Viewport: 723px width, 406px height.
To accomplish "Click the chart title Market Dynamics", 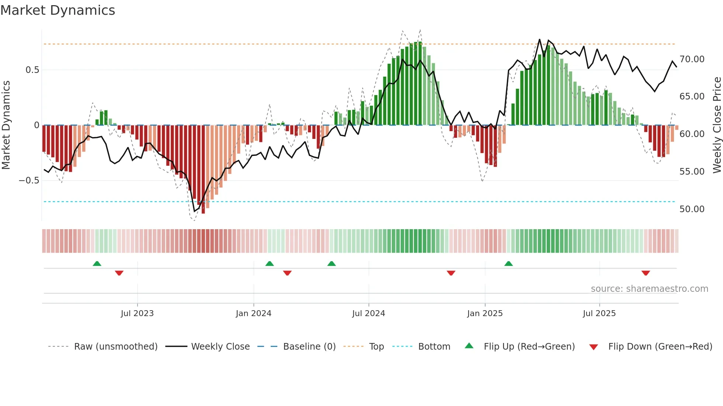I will [x=58, y=10].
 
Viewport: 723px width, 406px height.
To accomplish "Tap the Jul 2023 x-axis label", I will [x=137, y=314].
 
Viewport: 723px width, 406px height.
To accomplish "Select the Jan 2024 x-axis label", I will [x=253, y=314].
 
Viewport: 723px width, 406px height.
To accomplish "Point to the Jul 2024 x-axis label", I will [x=369, y=314].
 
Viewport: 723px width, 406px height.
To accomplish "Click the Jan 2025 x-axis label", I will [x=485, y=314].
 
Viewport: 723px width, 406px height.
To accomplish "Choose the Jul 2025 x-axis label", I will [x=599, y=314].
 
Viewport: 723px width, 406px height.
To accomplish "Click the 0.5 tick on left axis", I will [x=32, y=70].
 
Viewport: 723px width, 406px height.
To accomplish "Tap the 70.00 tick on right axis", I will [x=692, y=59].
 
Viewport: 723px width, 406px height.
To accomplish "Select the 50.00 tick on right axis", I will [x=692, y=209].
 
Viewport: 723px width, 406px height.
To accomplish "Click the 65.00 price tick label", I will [x=692, y=97].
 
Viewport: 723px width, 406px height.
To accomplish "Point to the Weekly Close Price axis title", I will [x=717, y=125].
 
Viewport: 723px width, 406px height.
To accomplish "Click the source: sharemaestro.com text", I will [x=649, y=289].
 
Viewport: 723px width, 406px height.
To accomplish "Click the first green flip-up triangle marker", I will [x=97, y=264].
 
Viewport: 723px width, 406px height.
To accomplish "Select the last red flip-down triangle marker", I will [x=646, y=273].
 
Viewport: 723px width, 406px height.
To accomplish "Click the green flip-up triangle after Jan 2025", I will [x=508, y=264].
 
